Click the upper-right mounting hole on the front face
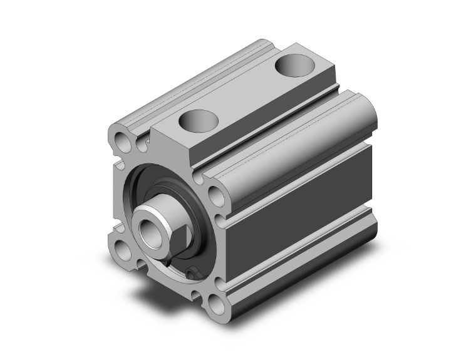coord(213,194)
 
